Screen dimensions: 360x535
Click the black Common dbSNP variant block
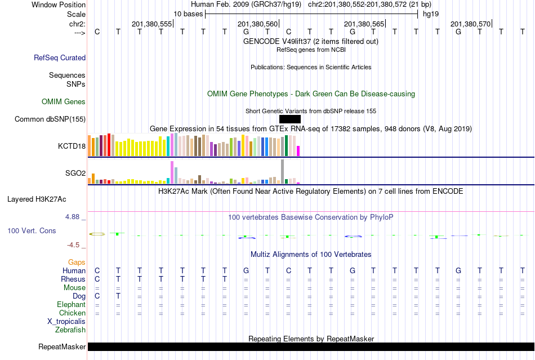(289, 119)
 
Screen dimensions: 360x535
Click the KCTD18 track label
(72, 146)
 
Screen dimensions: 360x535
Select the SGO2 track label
(75, 174)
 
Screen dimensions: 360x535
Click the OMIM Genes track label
(64, 102)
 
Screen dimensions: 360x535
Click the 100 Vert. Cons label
(32, 230)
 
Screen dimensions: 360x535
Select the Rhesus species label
(73, 279)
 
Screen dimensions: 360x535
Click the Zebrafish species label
(70, 330)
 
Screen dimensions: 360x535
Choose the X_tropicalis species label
(66, 321)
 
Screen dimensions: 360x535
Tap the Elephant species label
(72, 304)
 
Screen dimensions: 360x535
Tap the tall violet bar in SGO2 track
(172, 172)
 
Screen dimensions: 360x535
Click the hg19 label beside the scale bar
(431, 13)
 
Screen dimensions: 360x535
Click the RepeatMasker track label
(61, 346)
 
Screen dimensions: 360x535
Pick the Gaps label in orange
(77, 262)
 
